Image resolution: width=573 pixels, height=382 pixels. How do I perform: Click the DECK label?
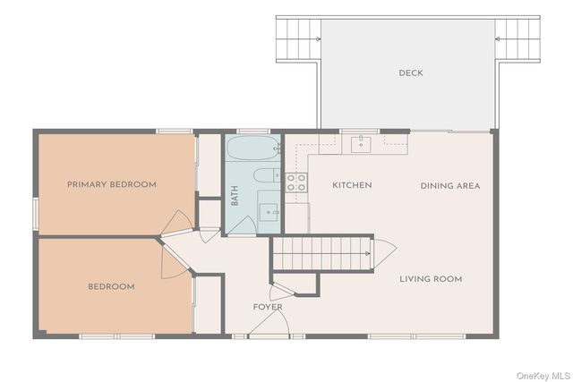411,73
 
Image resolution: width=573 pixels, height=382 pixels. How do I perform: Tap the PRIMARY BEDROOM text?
112,184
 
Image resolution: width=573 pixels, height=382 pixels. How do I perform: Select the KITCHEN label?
352,185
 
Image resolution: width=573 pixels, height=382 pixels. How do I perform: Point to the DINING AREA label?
450,186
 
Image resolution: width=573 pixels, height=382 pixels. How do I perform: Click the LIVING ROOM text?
431,279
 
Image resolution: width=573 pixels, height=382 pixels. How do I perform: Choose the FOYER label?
268,307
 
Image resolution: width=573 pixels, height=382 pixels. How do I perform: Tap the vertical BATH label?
235,196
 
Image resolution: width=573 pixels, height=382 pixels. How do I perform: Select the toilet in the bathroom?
267,175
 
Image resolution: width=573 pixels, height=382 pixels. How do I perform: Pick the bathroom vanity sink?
269,212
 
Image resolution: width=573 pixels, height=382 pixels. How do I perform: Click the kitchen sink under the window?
361,145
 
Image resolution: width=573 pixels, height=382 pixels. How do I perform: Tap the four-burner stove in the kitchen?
296,183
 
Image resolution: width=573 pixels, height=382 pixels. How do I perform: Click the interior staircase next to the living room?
322,253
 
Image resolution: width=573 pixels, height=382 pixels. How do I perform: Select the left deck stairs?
298,39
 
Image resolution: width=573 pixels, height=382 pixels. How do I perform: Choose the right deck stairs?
517,39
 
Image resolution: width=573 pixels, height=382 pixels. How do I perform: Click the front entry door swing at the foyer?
269,322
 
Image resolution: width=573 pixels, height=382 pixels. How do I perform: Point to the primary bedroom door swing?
177,223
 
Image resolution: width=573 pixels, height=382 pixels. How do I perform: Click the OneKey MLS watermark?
543,376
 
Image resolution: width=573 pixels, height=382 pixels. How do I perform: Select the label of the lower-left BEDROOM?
111,286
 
